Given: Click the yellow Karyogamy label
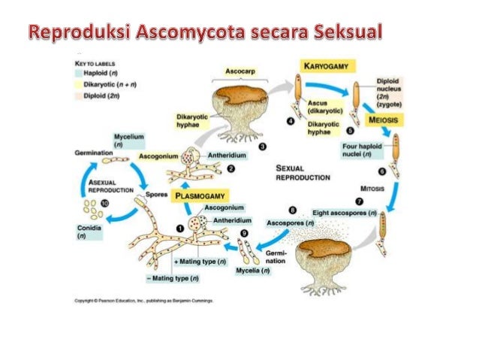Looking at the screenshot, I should [329, 66].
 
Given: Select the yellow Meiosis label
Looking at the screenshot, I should [384, 119].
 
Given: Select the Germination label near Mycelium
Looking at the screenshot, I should [94, 152].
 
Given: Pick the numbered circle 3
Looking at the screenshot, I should [261, 148].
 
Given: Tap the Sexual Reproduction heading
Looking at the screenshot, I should [302, 173].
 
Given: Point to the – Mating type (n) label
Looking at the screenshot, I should [173, 277].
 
